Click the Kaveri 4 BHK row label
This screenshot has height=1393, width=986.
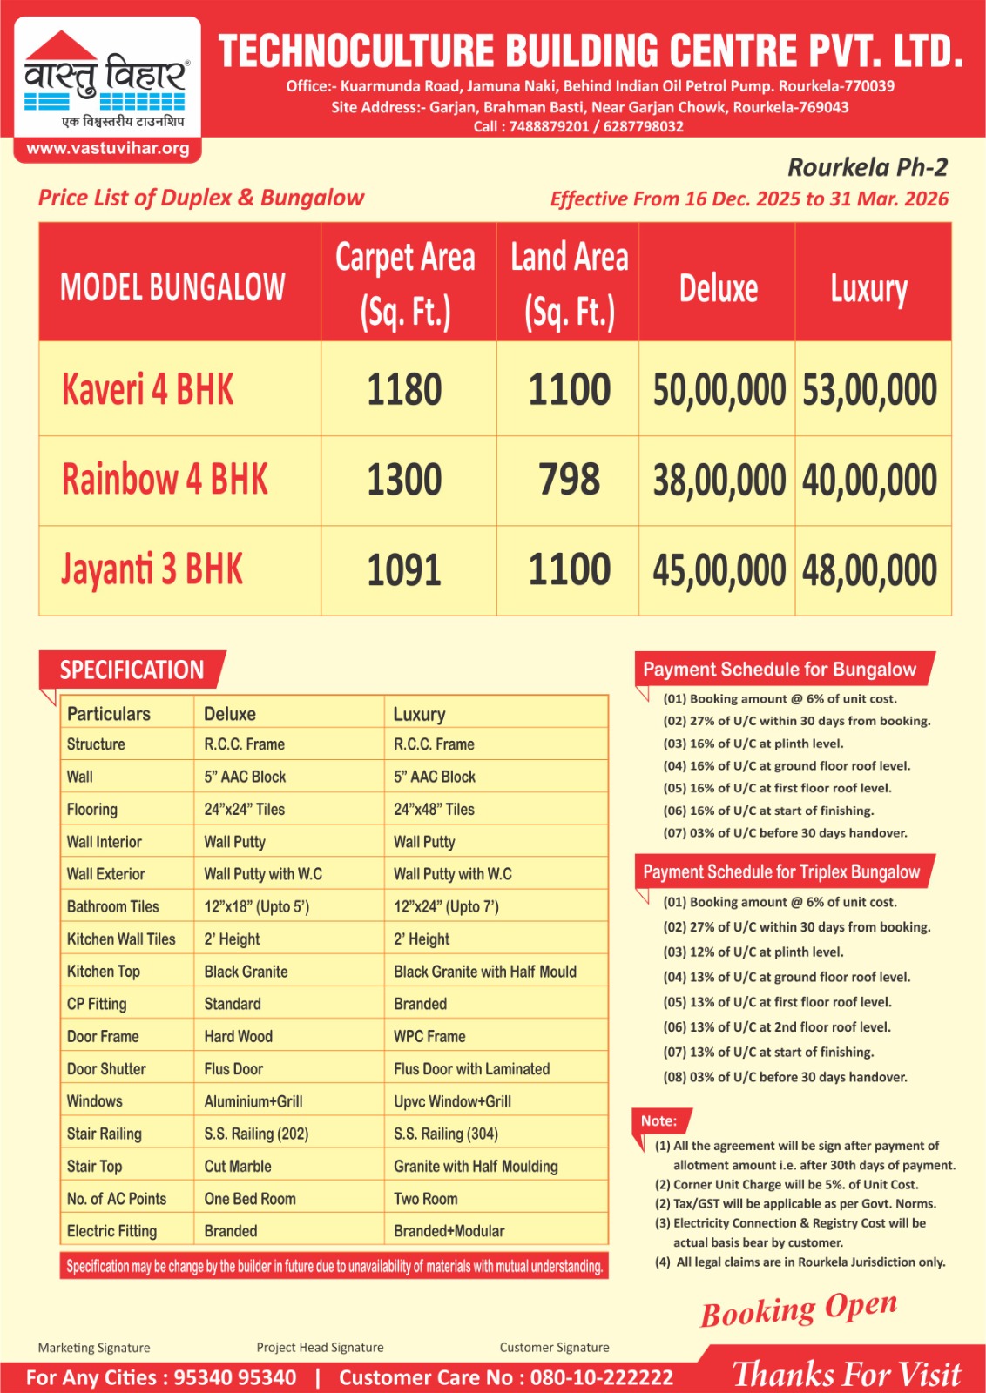coord(148,389)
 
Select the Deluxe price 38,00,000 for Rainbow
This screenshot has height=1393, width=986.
coord(719,481)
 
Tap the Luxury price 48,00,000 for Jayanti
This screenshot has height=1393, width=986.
coord(869,571)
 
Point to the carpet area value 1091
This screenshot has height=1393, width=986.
coord(404,571)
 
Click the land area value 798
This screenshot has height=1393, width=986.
coord(569,481)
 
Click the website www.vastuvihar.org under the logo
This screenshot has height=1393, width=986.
coord(108,148)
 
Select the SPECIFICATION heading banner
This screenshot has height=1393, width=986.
coord(132,670)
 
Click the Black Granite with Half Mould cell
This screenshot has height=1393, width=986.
coord(485,972)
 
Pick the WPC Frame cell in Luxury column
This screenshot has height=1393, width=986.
coord(429,1037)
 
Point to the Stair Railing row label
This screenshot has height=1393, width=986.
coord(105,1134)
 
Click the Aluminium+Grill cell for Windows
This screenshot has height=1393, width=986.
coord(253,1101)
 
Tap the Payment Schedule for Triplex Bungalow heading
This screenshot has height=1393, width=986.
coord(781,872)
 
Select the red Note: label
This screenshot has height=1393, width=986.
coord(659,1120)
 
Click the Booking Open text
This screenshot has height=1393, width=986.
coord(799,1309)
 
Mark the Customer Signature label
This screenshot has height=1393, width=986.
coord(555,1348)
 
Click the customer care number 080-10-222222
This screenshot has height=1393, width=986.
coord(602,1377)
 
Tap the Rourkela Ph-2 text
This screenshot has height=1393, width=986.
coord(868,167)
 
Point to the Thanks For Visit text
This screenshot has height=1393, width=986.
coord(847,1375)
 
